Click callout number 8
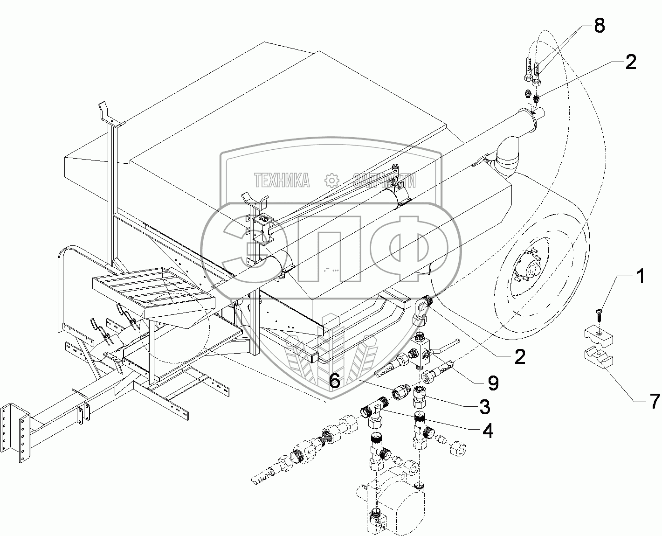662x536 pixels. pyautogui.click(x=599, y=26)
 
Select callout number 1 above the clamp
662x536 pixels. pyautogui.click(x=641, y=277)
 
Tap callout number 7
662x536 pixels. pyautogui.click(x=655, y=400)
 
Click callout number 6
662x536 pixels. pyautogui.click(x=335, y=382)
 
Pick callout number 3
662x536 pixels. pyautogui.click(x=484, y=406)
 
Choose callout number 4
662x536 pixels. pyautogui.click(x=487, y=431)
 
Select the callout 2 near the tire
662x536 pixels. pyautogui.click(x=519, y=357)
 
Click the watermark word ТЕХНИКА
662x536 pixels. pyautogui.click(x=282, y=180)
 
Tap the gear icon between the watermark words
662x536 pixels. pyautogui.click(x=331, y=180)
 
